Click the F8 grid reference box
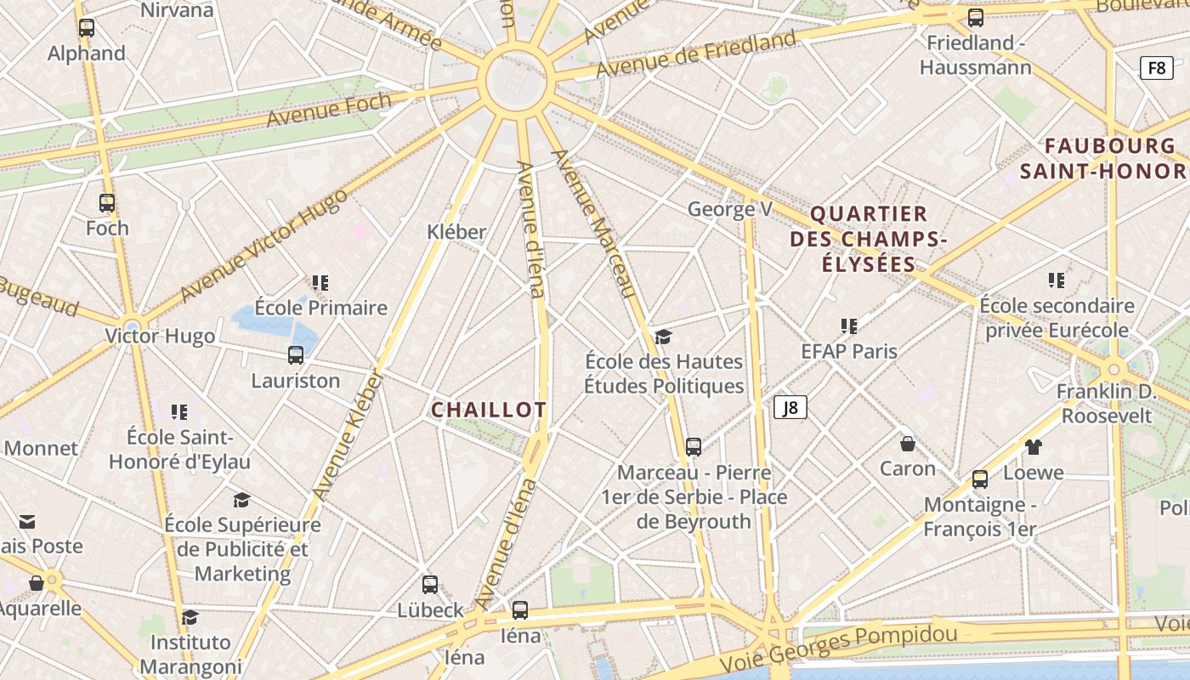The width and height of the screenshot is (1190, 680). point(1157,68)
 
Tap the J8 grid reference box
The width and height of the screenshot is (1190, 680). point(790,407)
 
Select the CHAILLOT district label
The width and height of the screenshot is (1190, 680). point(489,410)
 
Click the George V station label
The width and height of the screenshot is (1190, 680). point(729,209)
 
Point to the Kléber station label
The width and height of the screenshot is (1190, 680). point(456,231)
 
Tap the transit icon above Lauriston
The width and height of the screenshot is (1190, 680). point(296,355)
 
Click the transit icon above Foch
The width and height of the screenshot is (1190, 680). point(107,203)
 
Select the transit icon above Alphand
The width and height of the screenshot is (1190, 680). point(87,28)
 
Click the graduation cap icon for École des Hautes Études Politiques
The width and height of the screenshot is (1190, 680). point(663,337)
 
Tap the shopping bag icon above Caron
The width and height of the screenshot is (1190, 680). point(908,444)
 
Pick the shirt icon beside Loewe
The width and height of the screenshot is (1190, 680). point(1033,447)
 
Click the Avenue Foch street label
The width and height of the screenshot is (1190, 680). point(329,110)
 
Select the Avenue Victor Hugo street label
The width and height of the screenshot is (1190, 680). point(264,245)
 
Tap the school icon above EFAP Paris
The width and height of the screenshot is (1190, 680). point(848,326)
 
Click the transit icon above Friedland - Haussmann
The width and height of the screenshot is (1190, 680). point(976,18)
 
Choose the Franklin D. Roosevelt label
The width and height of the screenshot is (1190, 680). point(1106,403)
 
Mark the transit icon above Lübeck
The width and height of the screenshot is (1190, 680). point(430,585)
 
